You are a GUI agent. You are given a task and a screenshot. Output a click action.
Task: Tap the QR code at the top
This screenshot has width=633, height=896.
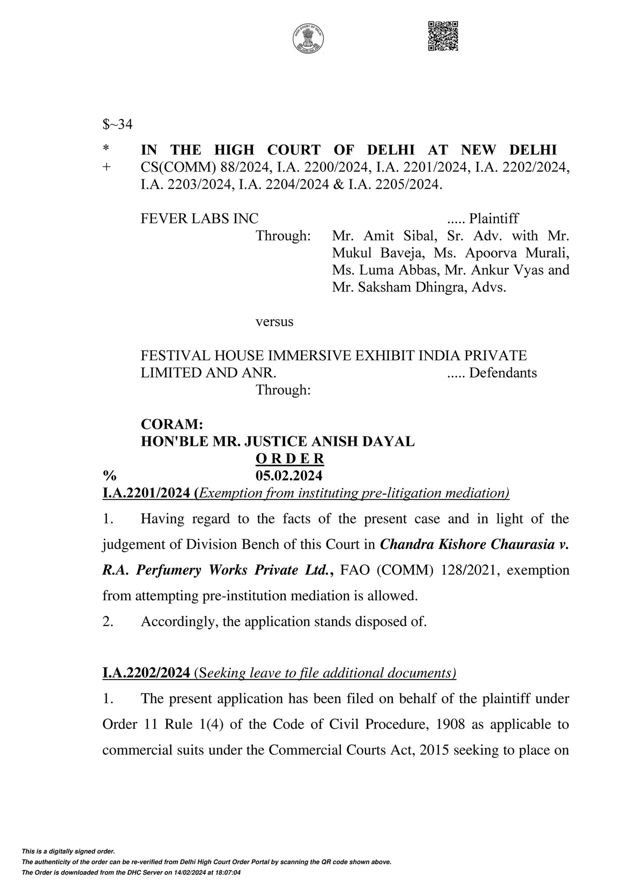[x=443, y=36]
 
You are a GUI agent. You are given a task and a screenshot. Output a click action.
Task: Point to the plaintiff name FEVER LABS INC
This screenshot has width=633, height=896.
[x=199, y=218]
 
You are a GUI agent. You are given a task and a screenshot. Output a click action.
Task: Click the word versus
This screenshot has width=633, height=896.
[x=274, y=322]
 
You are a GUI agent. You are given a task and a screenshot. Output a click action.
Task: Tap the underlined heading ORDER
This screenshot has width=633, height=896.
[x=289, y=458]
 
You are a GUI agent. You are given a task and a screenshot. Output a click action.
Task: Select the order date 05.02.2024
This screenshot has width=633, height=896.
[x=289, y=476]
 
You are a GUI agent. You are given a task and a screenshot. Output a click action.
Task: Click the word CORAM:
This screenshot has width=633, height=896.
[x=172, y=424]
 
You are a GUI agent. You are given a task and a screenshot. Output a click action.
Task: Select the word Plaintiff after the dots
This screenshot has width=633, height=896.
[x=494, y=218]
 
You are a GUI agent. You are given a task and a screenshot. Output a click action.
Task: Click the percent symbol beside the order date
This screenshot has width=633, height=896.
[x=109, y=476]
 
